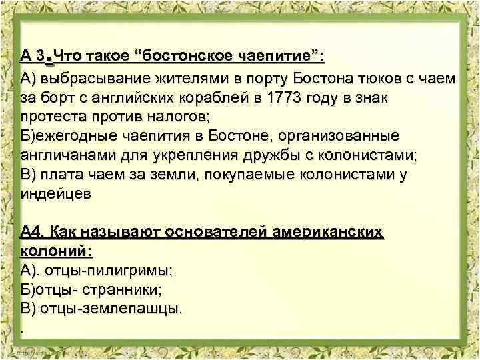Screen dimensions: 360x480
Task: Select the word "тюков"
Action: coord(382,79)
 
